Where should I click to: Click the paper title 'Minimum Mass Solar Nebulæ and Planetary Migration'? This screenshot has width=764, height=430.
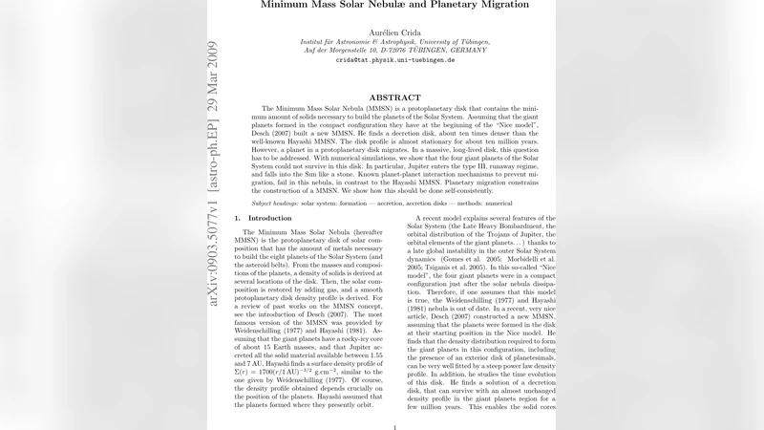(394, 5)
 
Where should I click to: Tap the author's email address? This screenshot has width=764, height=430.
(394, 59)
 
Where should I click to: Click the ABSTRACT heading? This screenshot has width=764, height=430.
(394, 97)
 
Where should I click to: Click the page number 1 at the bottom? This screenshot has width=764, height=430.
(394, 428)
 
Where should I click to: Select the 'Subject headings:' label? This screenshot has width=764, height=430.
(276, 204)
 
